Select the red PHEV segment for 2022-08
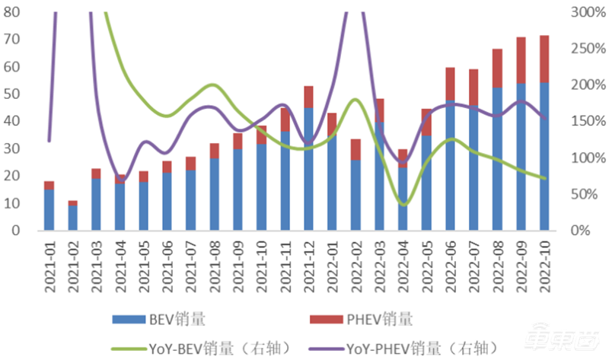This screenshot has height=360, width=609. click(x=498, y=68)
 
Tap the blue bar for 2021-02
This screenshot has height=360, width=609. click(x=72, y=218)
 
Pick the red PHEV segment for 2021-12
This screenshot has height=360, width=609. click(x=308, y=97)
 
